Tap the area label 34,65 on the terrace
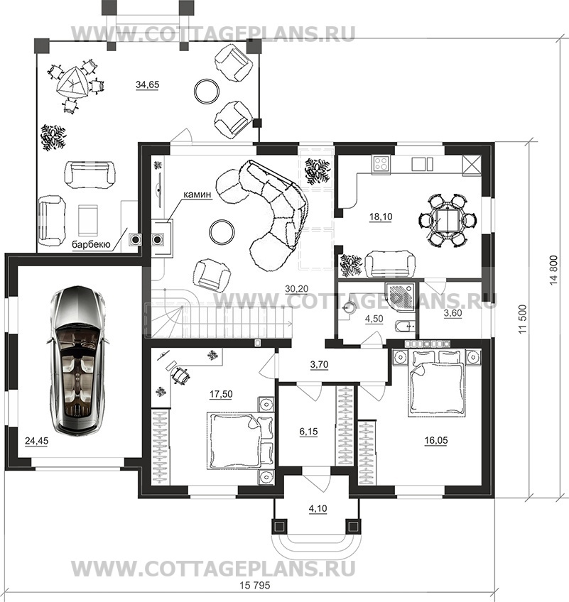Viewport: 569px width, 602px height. (148, 85)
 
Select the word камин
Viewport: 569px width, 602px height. (197, 195)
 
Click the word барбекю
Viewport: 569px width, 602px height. (92, 244)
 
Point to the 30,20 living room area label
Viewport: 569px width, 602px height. (297, 289)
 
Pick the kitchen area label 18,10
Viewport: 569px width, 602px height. (381, 217)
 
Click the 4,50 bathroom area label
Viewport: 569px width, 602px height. (374, 319)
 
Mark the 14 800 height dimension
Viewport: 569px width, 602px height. (553, 270)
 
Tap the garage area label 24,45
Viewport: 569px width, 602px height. (36, 441)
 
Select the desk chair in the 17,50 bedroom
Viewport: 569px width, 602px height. (180, 374)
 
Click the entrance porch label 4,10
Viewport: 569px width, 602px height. (318, 509)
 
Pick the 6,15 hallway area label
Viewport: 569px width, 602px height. (308, 432)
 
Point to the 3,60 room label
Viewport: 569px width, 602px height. (453, 313)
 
